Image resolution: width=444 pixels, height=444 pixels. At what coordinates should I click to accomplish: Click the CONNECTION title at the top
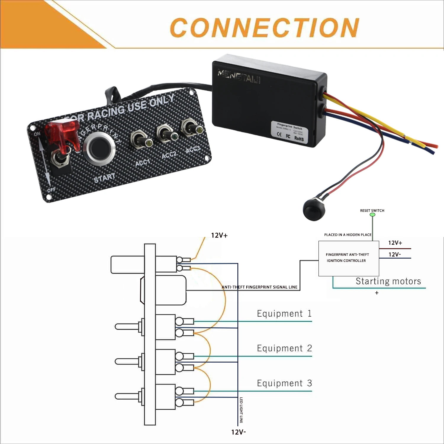[264, 28]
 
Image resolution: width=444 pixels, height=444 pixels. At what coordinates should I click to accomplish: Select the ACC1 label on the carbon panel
[143, 163]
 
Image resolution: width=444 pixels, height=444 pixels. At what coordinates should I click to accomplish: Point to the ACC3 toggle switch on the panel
[192, 128]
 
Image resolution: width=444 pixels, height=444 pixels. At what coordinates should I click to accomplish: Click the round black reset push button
[314, 210]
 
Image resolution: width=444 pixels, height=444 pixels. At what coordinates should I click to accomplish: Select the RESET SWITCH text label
[372, 211]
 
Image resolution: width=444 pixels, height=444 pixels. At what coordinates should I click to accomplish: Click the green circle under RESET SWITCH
[373, 215]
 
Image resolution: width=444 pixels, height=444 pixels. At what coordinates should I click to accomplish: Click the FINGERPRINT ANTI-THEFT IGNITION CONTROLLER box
[348, 258]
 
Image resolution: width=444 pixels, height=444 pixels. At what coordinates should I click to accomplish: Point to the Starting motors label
[388, 281]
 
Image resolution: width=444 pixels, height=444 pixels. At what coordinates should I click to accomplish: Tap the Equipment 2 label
[284, 348]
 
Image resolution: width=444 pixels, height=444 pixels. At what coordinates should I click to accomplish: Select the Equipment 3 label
[284, 383]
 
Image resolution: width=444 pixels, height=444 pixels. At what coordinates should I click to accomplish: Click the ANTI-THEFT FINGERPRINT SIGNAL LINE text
[259, 287]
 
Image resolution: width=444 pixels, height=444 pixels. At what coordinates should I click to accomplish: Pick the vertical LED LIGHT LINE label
[241, 410]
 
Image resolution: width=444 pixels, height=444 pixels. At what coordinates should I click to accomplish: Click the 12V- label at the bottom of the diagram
[239, 432]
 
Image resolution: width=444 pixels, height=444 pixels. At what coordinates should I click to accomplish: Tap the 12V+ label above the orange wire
[219, 235]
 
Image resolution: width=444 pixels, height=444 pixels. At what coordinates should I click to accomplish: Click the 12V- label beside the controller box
[395, 254]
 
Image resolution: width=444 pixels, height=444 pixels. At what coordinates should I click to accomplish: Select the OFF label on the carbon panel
[51, 189]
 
